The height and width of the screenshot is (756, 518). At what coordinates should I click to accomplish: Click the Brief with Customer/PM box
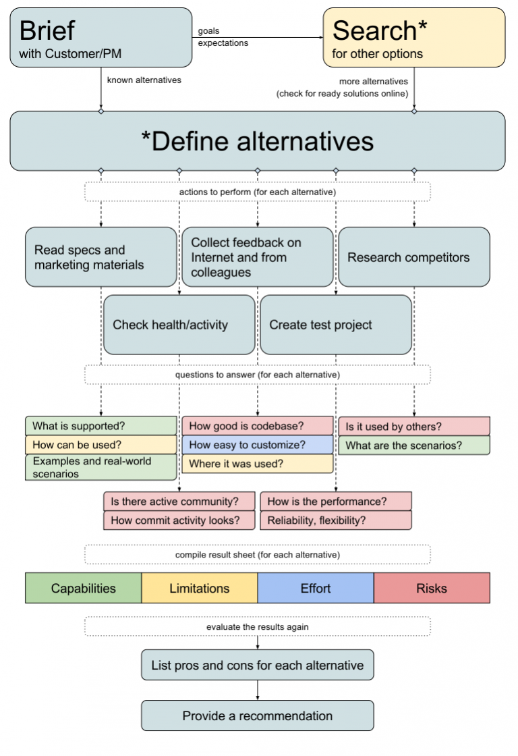click(100, 38)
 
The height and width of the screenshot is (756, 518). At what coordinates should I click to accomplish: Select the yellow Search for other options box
click(413, 38)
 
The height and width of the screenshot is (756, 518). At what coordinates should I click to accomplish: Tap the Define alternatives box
click(257, 141)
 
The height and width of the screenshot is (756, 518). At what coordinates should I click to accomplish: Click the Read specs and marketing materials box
click(100, 257)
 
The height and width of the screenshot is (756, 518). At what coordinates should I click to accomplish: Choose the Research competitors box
click(413, 257)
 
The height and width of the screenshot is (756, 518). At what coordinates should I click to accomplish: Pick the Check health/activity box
click(179, 325)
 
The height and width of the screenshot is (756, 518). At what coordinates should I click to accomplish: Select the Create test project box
click(335, 325)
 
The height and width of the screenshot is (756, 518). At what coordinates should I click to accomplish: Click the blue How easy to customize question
click(257, 445)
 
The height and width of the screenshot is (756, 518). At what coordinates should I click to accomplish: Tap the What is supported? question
click(100, 426)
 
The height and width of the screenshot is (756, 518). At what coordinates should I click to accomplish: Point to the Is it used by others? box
click(413, 427)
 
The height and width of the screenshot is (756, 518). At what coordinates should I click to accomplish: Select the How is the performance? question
click(335, 502)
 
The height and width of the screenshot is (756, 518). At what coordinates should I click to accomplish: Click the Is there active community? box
click(179, 502)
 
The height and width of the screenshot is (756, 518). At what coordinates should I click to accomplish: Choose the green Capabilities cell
click(84, 588)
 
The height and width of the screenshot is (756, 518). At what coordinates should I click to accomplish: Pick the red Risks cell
click(432, 588)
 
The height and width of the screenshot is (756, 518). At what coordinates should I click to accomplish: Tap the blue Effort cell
click(316, 588)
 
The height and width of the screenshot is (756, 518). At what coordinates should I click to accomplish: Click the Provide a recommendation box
click(257, 715)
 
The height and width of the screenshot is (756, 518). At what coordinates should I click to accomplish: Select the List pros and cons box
click(257, 665)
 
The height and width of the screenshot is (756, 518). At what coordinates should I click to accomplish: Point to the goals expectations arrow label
click(223, 37)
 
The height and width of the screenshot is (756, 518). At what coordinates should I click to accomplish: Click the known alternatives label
click(144, 80)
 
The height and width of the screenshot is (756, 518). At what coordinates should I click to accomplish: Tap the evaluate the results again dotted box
click(257, 626)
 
